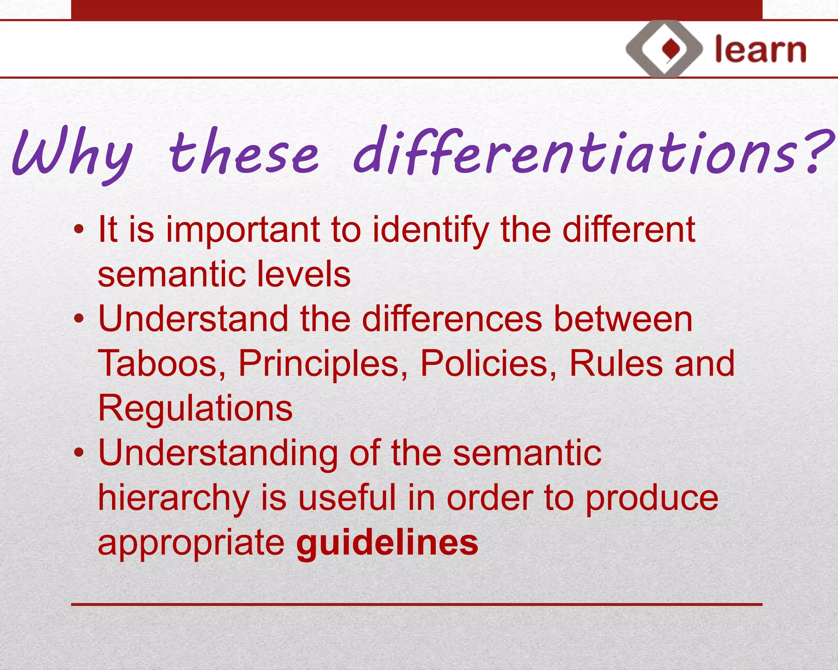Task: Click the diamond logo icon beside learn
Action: click(x=664, y=49)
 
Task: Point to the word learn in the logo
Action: click(x=760, y=50)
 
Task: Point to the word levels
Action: click(x=304, y=274)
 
